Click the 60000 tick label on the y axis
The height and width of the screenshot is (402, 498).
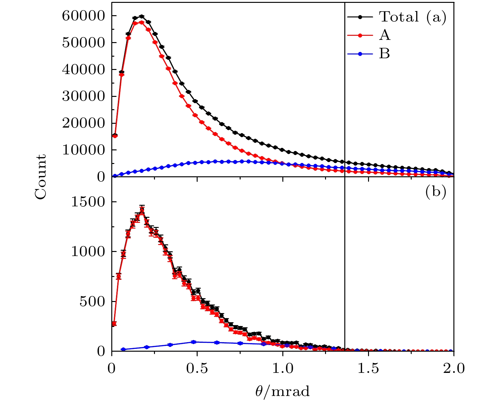(x=83, y=16)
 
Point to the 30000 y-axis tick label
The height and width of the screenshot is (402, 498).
(x=83, y=96)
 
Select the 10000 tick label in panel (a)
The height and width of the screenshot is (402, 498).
(x=83, y=150)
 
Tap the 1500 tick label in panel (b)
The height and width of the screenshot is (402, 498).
(x=88, y=202)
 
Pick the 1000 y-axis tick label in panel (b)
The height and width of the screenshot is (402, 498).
(x=88, y=252)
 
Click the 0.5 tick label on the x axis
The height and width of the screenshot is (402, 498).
(x=197, y=369)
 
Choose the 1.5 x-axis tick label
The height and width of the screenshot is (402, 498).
(x=368, y=369)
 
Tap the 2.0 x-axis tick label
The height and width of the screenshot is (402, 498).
(x=453, y=369)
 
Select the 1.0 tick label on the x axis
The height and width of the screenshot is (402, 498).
(x=283, y=369)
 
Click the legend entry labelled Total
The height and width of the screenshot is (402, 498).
(x=399, y=17)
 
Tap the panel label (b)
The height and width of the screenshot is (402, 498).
(x=436, y=192)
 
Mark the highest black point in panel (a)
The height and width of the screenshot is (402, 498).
(x=141, y=16)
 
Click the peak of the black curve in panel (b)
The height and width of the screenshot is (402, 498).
(x=142, y=210)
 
